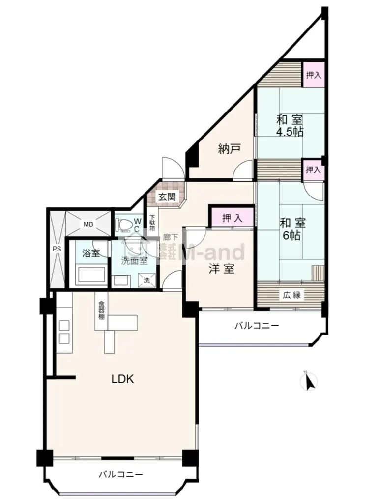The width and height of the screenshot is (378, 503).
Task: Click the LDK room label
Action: click(x=122, y=379)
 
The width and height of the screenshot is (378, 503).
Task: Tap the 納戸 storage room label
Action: click(x=229, y=149)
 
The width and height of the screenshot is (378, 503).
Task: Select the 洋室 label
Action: click(x=221, y=269)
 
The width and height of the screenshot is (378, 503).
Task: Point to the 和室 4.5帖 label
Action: click(x=290, y=126)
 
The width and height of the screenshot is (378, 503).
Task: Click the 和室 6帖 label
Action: click(x=292, y=229)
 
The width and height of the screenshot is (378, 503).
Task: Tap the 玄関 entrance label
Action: click(x=167, y=196)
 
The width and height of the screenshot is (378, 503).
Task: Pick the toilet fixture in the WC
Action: click(x=124, y=224)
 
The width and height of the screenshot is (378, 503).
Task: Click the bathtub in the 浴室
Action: click(x=90, y=275)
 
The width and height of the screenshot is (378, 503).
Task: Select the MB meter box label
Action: click(x=88, y=224)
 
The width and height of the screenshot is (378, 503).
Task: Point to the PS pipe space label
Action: click(x=57, y=249)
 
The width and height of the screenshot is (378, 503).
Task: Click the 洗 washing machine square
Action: click(x=146, y=280)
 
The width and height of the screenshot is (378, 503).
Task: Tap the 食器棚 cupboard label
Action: click(x=101, y=309)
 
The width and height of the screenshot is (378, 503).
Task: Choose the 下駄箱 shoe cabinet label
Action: click(x=152, y=223)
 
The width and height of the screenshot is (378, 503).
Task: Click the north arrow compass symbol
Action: click(x=309, y=381)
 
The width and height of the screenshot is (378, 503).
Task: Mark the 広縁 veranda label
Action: click(x=291, y=295)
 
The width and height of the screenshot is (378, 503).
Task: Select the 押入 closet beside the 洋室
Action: click(x=232, y=218)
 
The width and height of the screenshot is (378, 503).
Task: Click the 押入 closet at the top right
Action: click(x=313, y=75)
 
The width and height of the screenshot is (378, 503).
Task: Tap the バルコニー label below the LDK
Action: click(x=120, y=474)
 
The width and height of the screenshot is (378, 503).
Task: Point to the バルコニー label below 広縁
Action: click(x=257, y=326)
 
